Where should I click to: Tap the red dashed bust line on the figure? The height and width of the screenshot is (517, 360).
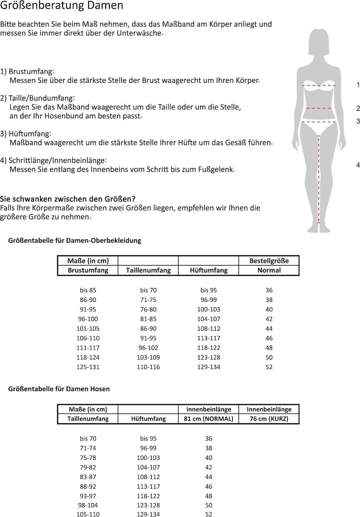click(319, 85)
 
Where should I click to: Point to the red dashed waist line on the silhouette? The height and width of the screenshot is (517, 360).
click(319, 108)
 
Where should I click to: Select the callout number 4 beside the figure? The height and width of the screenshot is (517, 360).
click(358, 165)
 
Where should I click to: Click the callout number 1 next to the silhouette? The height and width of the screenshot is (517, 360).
click(358, 85)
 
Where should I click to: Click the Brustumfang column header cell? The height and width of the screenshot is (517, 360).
click(88, 270)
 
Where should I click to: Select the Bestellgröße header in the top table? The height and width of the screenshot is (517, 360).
click(269, 261)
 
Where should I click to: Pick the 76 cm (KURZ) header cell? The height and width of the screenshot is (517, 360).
click(269, 418)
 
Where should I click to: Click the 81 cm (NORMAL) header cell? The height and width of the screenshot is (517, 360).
click(208, 418)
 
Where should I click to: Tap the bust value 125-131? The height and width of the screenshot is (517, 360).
click(88, 367)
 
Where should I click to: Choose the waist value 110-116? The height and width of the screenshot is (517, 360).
click(148, 367)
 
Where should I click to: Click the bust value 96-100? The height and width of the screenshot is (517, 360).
click(88, 319)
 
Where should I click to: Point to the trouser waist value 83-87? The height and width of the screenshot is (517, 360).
click(88, 477)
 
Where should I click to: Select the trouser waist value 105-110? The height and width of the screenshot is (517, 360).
click(88, 514)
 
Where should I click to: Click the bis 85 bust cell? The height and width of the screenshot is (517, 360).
click(88, 290)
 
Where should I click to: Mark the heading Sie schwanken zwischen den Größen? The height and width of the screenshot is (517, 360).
click(68, 199)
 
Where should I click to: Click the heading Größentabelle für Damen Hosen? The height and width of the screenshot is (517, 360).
click(59, 389)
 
